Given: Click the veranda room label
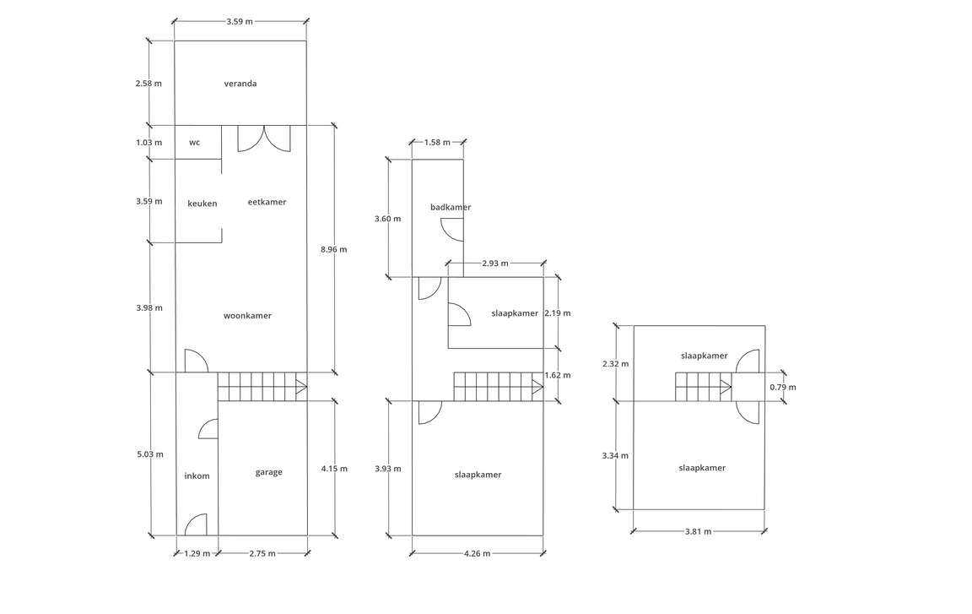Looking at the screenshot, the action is coord(240,84).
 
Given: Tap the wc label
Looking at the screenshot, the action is coord(195,143).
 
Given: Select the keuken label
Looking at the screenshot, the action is coord(202,204).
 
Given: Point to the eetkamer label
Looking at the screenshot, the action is coord(267,202).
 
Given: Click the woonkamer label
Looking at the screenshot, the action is coord(248,316).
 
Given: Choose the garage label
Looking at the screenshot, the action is coord(269,473).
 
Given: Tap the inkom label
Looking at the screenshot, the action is coord(197,476).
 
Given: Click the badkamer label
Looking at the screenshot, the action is coord(451,207).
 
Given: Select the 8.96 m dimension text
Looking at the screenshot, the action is coord(334,249).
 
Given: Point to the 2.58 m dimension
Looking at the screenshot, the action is coord(148,83).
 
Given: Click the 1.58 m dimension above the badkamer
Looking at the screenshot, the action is coord(438,142).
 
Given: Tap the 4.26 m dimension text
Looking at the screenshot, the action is coord(478,553).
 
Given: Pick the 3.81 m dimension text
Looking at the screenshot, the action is coord(699,531).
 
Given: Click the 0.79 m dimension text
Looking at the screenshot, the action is coord(784,387).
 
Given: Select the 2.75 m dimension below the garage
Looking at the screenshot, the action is coord(263,553).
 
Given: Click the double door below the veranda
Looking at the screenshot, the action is coord(264,139).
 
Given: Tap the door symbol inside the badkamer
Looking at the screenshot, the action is coord(452,230).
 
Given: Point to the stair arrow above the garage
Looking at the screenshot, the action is coord(301,387).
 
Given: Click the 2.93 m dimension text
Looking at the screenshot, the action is coord(495,263).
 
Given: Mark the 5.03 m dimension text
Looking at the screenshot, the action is coord(150,454).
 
